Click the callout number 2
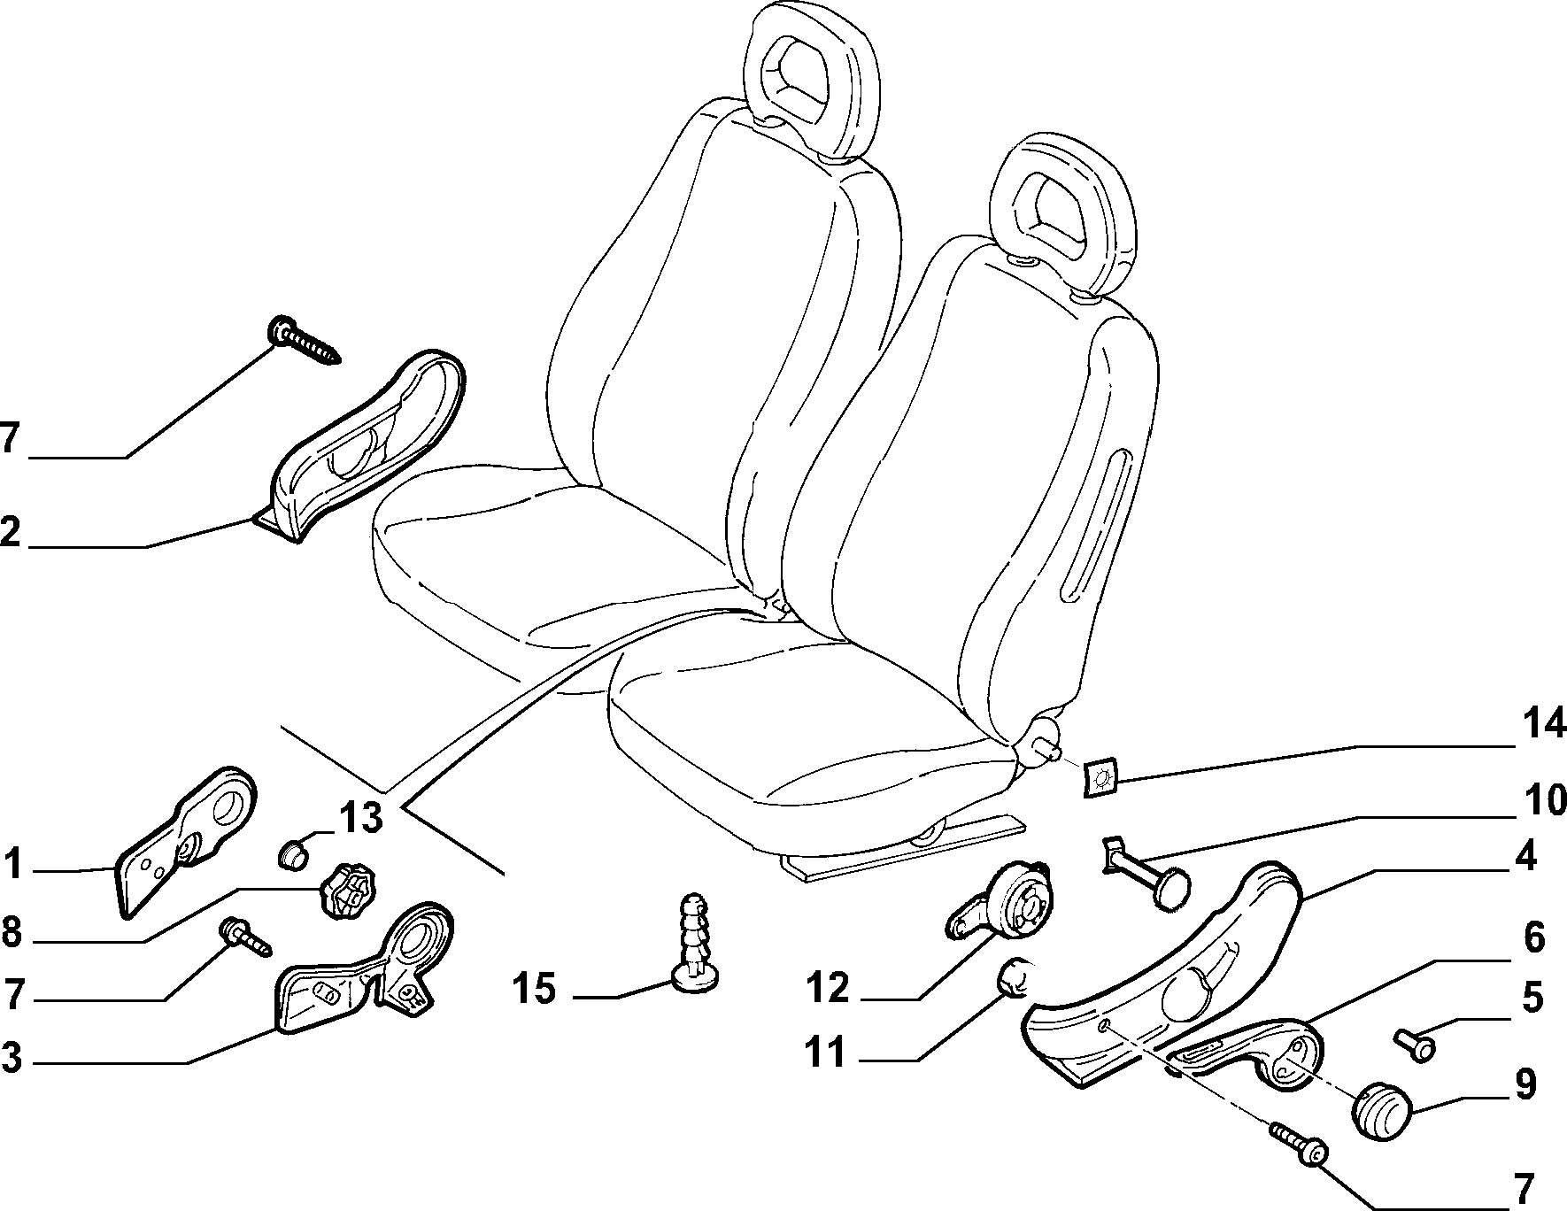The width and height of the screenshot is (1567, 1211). pos(10,533)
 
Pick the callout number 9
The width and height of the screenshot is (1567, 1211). pos(1525,1084)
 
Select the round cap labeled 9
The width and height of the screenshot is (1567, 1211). pos(1382,1108)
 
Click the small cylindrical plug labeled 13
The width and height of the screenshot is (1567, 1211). pos(293,854)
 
